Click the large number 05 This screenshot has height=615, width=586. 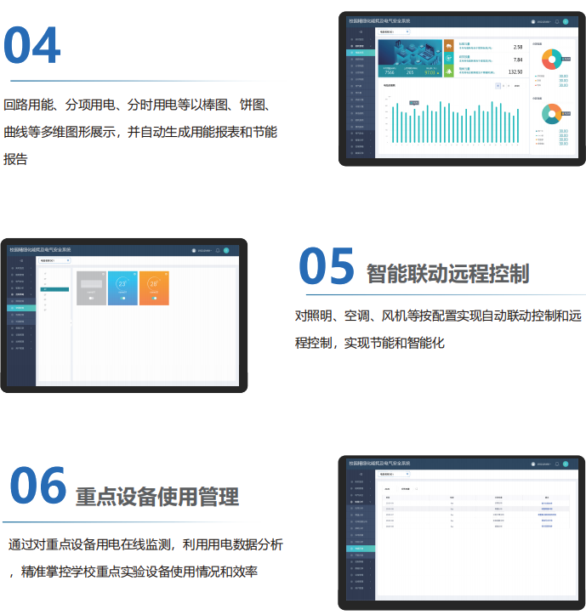(x=327, y=267)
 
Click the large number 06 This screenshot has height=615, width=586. (x=37, y=487)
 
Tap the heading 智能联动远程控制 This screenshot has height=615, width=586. (x=447, y=273)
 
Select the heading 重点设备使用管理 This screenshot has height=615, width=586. (x=157, y=496)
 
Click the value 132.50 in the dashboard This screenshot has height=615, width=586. (x=515, y=72)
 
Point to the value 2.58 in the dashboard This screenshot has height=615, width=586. (x=517, y=48)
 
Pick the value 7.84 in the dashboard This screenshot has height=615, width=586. (x=517, y=60)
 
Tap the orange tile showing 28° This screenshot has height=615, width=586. (x=154, y=287)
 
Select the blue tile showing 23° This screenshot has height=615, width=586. (x=122, y=287)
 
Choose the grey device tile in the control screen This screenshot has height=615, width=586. (x=91, y=287)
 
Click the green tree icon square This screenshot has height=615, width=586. (x=449, y=71)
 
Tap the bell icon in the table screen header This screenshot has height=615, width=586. (x=556, y=464)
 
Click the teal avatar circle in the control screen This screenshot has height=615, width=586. (x=226, y=250)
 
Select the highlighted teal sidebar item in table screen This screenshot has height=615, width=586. (x=361, y=549)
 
